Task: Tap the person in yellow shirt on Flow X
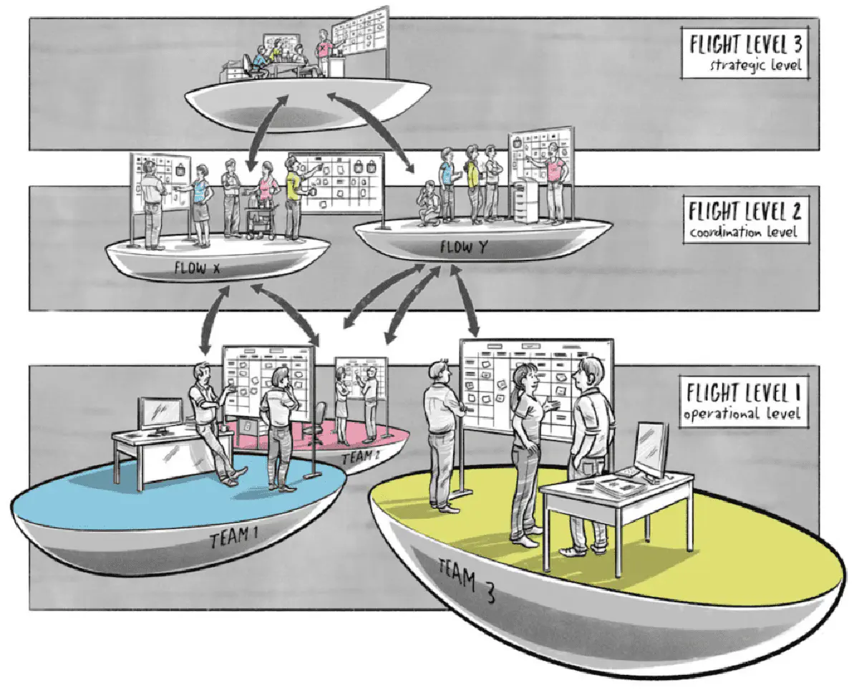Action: click(293, 197)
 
